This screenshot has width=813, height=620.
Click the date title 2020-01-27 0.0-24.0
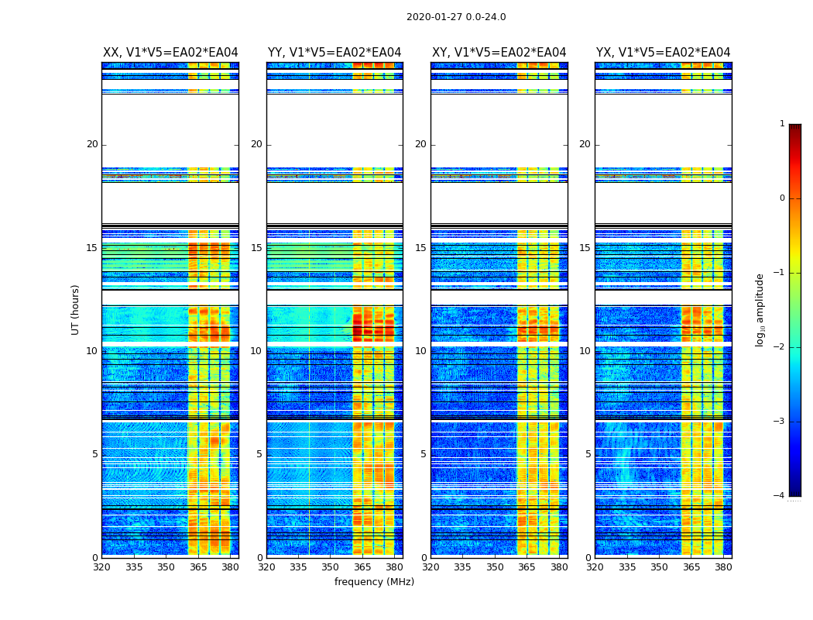pos(456,17)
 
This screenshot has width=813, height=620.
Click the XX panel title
pos(170,53)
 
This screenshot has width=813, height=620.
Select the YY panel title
pos(334,53)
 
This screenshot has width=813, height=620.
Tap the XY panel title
pos(499,53)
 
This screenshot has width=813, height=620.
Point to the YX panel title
pos(663,53)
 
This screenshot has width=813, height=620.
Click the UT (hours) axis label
pos(75,309)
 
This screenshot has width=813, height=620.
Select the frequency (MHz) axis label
pos(374,582)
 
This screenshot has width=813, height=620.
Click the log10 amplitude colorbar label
pos(760,309)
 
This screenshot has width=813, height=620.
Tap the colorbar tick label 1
pos(782,124)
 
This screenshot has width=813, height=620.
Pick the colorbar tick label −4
pos(780,496)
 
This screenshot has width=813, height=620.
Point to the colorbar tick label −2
pos(780,347)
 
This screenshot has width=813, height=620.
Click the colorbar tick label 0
pos(782,198)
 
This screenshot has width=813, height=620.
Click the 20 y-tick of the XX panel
pos(92,144)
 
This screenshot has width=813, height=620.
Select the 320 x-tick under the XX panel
pos(102,567)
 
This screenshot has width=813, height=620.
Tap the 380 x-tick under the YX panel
pos(723,567)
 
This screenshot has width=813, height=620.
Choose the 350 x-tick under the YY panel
pos(331,567)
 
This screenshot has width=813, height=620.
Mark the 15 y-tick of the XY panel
pos(420,248)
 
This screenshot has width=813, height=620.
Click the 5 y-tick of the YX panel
pos(588,454)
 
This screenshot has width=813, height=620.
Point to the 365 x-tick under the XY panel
pos(527,567)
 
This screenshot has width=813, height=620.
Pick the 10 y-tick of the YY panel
pos(256,351)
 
